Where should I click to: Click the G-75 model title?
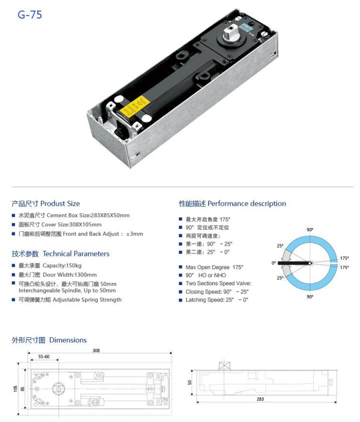30,15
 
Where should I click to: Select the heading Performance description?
232,204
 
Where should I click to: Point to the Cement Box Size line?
74,215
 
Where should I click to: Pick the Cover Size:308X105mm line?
60,224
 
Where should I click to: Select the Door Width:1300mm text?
57,274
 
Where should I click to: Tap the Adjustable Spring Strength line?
70,300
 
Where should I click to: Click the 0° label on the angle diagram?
274,263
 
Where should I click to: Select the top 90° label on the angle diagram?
310,230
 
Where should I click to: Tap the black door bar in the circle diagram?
294,263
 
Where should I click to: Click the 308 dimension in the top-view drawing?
95,351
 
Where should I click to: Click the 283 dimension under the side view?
260,399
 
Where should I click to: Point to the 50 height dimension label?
190,382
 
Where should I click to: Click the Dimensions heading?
49,340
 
